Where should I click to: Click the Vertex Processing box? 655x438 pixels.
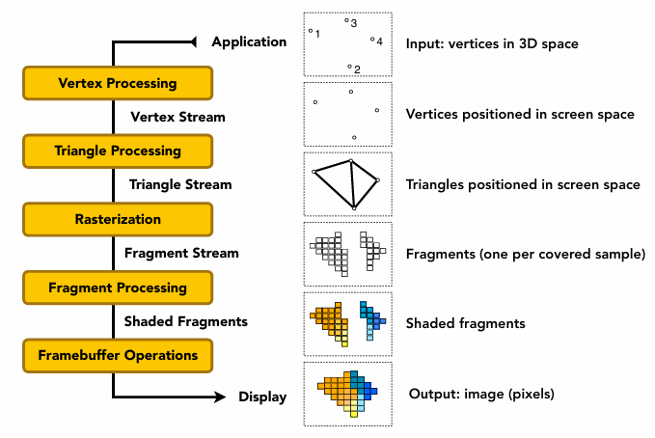[x=117, y=83]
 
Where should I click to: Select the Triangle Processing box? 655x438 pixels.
[x=117, y=151]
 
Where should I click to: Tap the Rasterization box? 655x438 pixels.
[x=117, y=219]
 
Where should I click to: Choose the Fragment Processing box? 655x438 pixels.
[x=117, y=287]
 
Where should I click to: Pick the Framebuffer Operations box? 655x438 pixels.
[x=117, y=355]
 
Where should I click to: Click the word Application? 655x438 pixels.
[x=249, y=41]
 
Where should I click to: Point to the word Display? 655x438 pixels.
[x=262, y=397]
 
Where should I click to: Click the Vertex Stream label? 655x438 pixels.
[x=177, y=117]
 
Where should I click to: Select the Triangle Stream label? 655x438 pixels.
[x=180, y=183]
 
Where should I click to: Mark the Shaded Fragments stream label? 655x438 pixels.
[x=186, y=321]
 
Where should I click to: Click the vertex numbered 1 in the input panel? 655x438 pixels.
[x=311, y=31]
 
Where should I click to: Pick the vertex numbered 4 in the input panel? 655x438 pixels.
[x=372, y=40]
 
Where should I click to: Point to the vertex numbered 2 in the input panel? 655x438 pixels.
[x=350, y=67]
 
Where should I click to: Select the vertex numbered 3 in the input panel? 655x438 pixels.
[x=346, y=19]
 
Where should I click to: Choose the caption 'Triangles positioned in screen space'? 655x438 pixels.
[x=523, y=184]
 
